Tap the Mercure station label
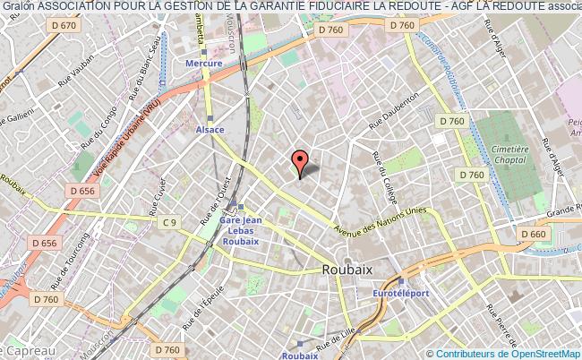[204, 64]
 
